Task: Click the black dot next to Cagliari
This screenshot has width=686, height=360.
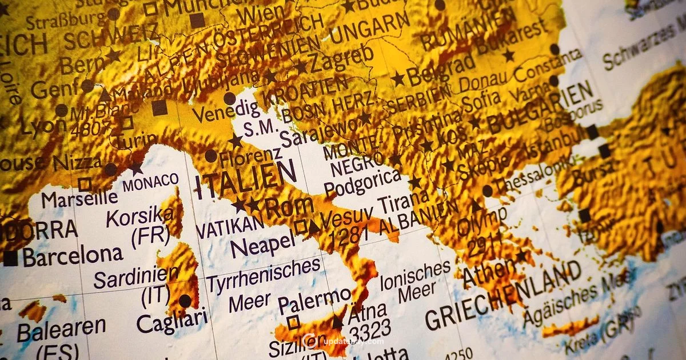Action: [185, 301]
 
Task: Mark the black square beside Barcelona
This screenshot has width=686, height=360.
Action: [10, 258]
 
